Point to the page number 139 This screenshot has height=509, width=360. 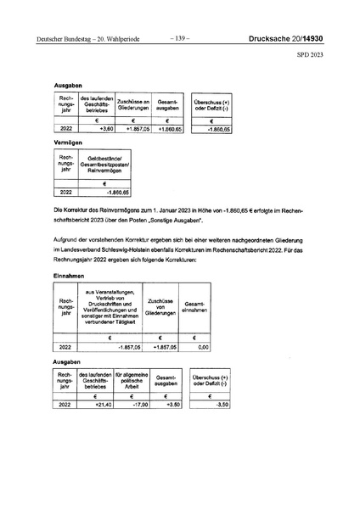(x=180, y=37)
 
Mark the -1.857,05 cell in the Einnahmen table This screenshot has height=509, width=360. (x=111, y=348)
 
